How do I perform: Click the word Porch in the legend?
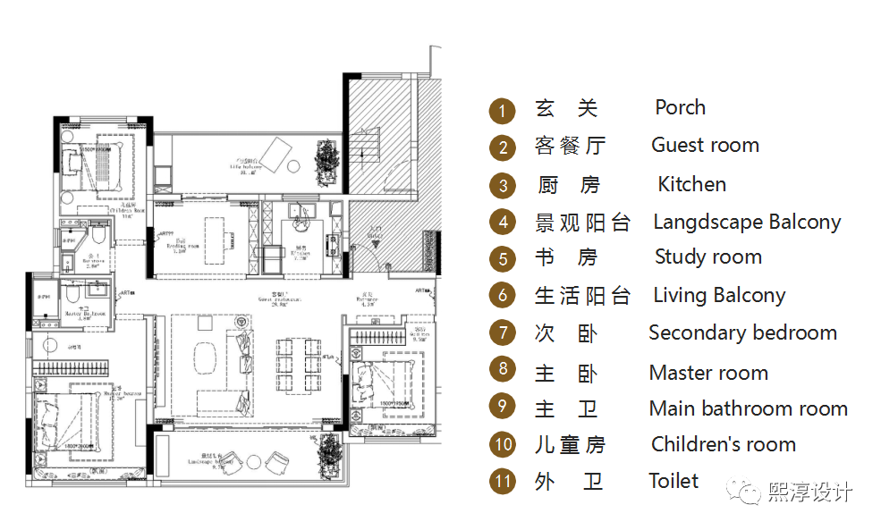click(x=680, y=107)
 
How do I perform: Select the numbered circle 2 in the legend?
click(x=503, y=147)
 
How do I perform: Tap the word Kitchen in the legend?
click(x=691, y=184)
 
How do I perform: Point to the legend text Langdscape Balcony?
click(x=747, y=222)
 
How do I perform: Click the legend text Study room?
click(x=707, y=257)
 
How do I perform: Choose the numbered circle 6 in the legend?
click(x=503, y=296)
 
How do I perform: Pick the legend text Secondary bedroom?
click(x=742, y=333)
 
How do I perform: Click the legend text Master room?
click(x=708, y=373)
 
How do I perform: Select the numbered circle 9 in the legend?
click(x=503, y=406)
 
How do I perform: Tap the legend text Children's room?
click(x=723, y=444)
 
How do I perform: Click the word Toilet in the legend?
click(x=673, y=481)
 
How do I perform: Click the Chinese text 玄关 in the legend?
click(x=565, y=109)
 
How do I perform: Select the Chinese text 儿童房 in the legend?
click(x=570, y=444)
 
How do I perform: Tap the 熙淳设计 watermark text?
click(x=809, y=492)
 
